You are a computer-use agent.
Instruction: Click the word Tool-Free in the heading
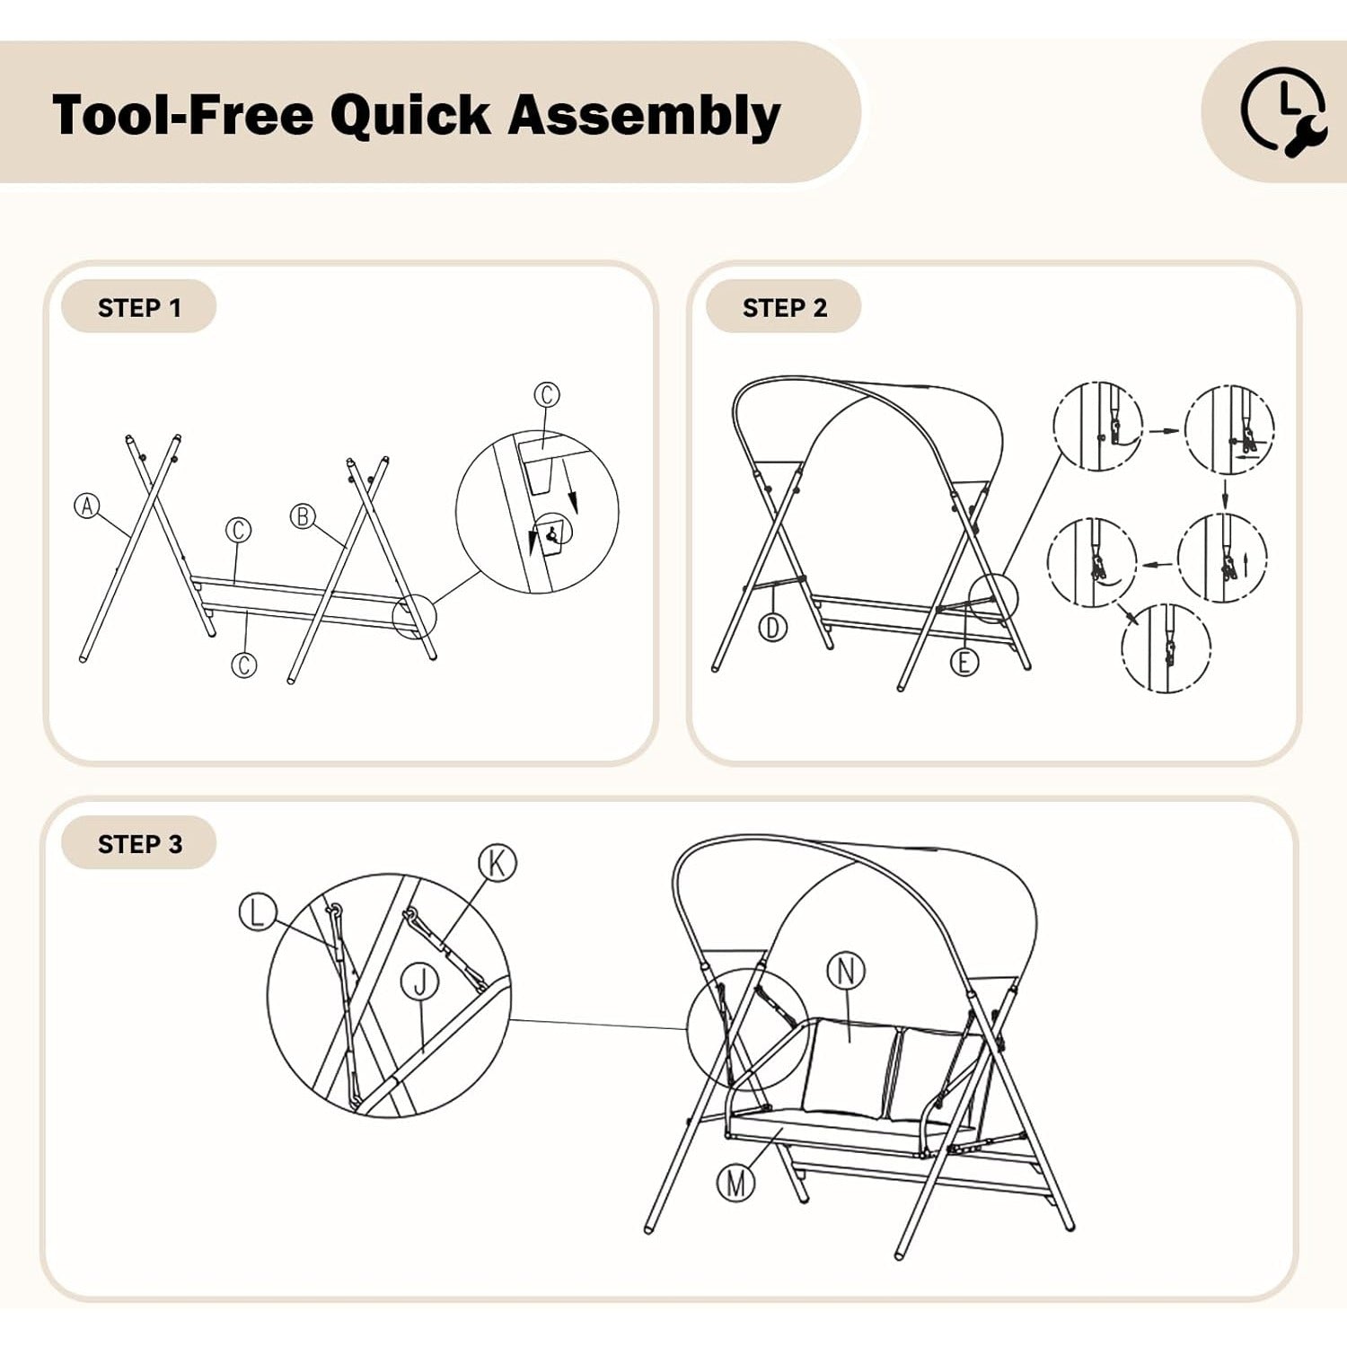[182, 115]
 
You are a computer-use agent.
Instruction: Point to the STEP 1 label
[139, 308]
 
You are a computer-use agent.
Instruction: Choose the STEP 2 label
[784, 308]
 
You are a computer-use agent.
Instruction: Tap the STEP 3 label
[139, 844]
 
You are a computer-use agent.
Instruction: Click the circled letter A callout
[87, 506]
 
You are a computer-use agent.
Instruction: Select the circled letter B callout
[303, 516]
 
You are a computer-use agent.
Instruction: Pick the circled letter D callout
[773, 628]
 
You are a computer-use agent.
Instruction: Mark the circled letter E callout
[964, 662]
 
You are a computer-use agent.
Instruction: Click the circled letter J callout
[419, 981]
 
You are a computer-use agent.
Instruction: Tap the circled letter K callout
[497, 863]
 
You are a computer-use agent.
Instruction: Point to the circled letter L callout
[258, 912]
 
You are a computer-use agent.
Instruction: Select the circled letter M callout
[736, 1183]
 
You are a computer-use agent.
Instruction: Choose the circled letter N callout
[846, 971]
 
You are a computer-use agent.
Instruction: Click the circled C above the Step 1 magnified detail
[547, 394]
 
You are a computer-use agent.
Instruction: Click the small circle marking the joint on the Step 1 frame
[414, 616]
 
